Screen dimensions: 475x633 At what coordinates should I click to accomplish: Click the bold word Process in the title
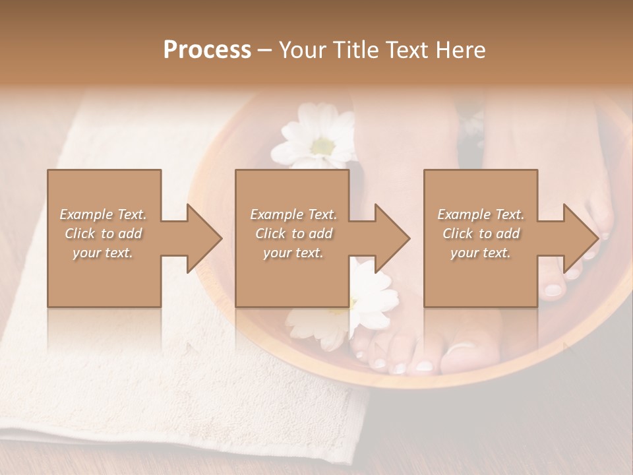(x=207, y=50)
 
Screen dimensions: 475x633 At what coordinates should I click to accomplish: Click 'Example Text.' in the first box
(x=104, y=214)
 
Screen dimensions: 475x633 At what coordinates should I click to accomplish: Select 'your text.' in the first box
(x=104, y=253)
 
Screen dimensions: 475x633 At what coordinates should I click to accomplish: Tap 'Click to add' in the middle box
(x=293, y=234)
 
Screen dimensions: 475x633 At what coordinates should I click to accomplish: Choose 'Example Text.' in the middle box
(x=293, y=214)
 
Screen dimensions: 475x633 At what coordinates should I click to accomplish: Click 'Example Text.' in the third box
(x=481, y=214)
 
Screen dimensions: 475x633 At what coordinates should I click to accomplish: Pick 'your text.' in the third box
(x=481, y=253)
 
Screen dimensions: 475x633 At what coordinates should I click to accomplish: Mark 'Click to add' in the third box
(x=481, y=234)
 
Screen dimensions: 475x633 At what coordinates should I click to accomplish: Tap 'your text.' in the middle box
(x=293, y=253)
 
